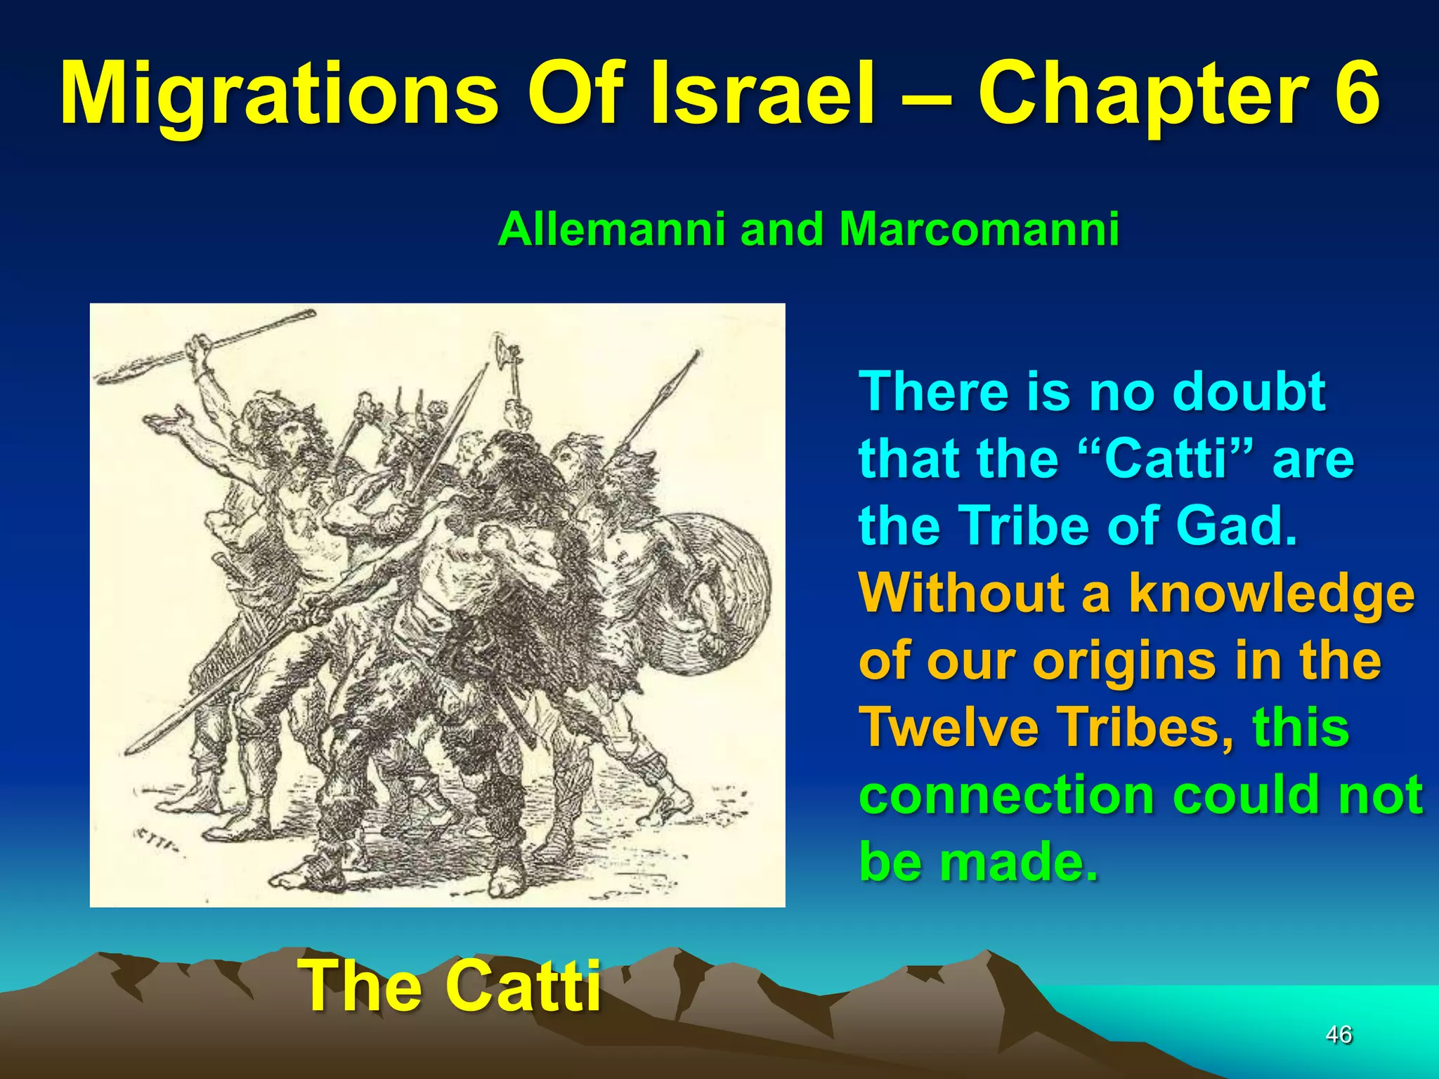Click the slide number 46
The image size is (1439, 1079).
click(1339, 1035)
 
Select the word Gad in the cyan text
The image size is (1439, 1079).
click(1235, 526)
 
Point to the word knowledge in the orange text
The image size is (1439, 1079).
click(1272, 594)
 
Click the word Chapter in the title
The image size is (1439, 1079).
click(1142, 95)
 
